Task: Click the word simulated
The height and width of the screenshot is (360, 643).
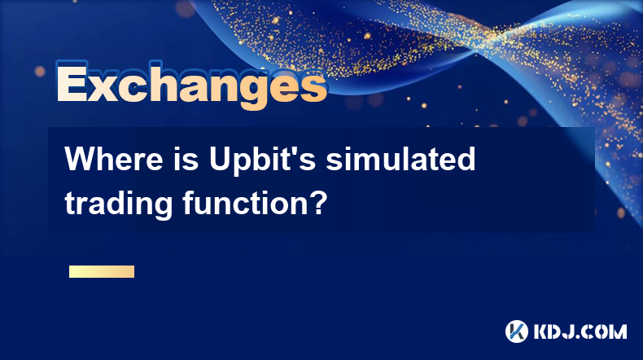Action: (400, 159)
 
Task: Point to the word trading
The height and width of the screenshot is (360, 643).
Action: (119, 204)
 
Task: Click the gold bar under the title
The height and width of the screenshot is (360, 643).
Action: (102, 271)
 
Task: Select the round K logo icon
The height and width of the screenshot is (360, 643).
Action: (517, 331)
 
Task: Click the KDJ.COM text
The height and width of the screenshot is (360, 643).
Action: (580, 331)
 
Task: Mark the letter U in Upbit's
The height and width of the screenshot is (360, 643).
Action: (220, 160)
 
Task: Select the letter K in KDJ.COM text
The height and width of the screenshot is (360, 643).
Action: (541, 331)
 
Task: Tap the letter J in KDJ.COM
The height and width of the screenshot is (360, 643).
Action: (573, 331)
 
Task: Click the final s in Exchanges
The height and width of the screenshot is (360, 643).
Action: (313, 87)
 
